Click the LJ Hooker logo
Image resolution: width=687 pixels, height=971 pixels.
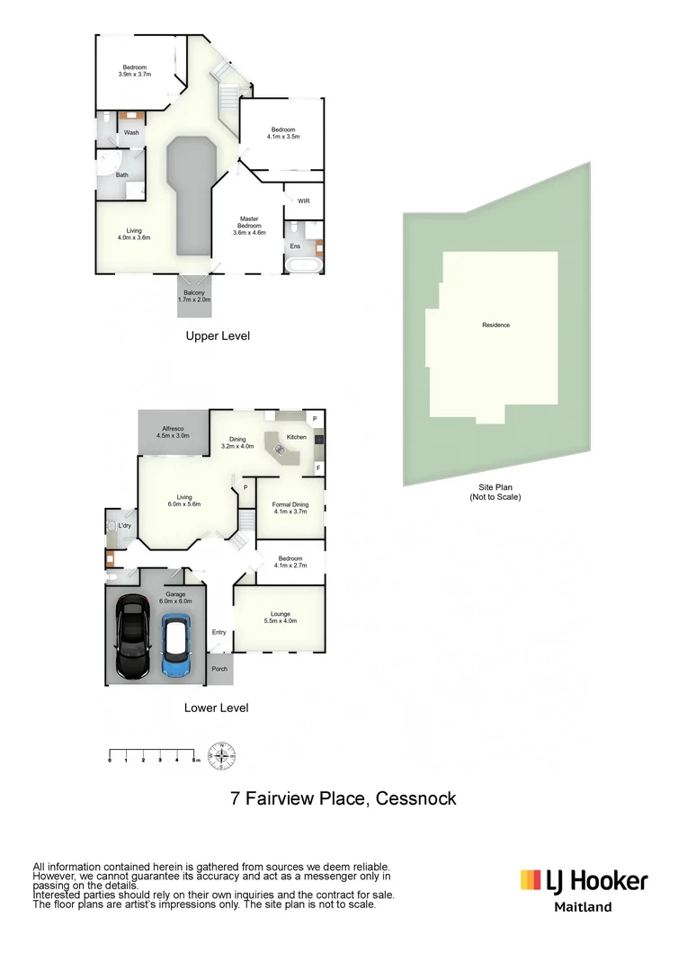[x=584, y=879]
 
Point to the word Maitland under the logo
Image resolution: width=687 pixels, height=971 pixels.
[x=583, y=907]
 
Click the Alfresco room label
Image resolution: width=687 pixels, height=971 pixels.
[x=173, y=432]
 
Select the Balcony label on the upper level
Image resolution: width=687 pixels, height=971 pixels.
[x=194, y=296]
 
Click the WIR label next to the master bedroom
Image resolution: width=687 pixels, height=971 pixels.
[x=303, y=200]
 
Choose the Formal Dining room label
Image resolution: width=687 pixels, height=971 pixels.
[x=290, y=508]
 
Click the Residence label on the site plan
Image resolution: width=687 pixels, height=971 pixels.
[x=495, y=325]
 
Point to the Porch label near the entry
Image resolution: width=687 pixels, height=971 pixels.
[x=219, y=669]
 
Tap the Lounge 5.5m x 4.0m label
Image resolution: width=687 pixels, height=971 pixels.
[x=280, y=618]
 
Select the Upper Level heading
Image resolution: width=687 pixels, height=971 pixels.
[x=218, y=336]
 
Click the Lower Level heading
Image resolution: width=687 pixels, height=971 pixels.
[x=216, y=708]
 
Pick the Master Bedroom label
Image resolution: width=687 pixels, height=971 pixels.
[x=248, y=226]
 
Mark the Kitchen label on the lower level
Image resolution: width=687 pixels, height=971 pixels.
[x=296, y=437]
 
